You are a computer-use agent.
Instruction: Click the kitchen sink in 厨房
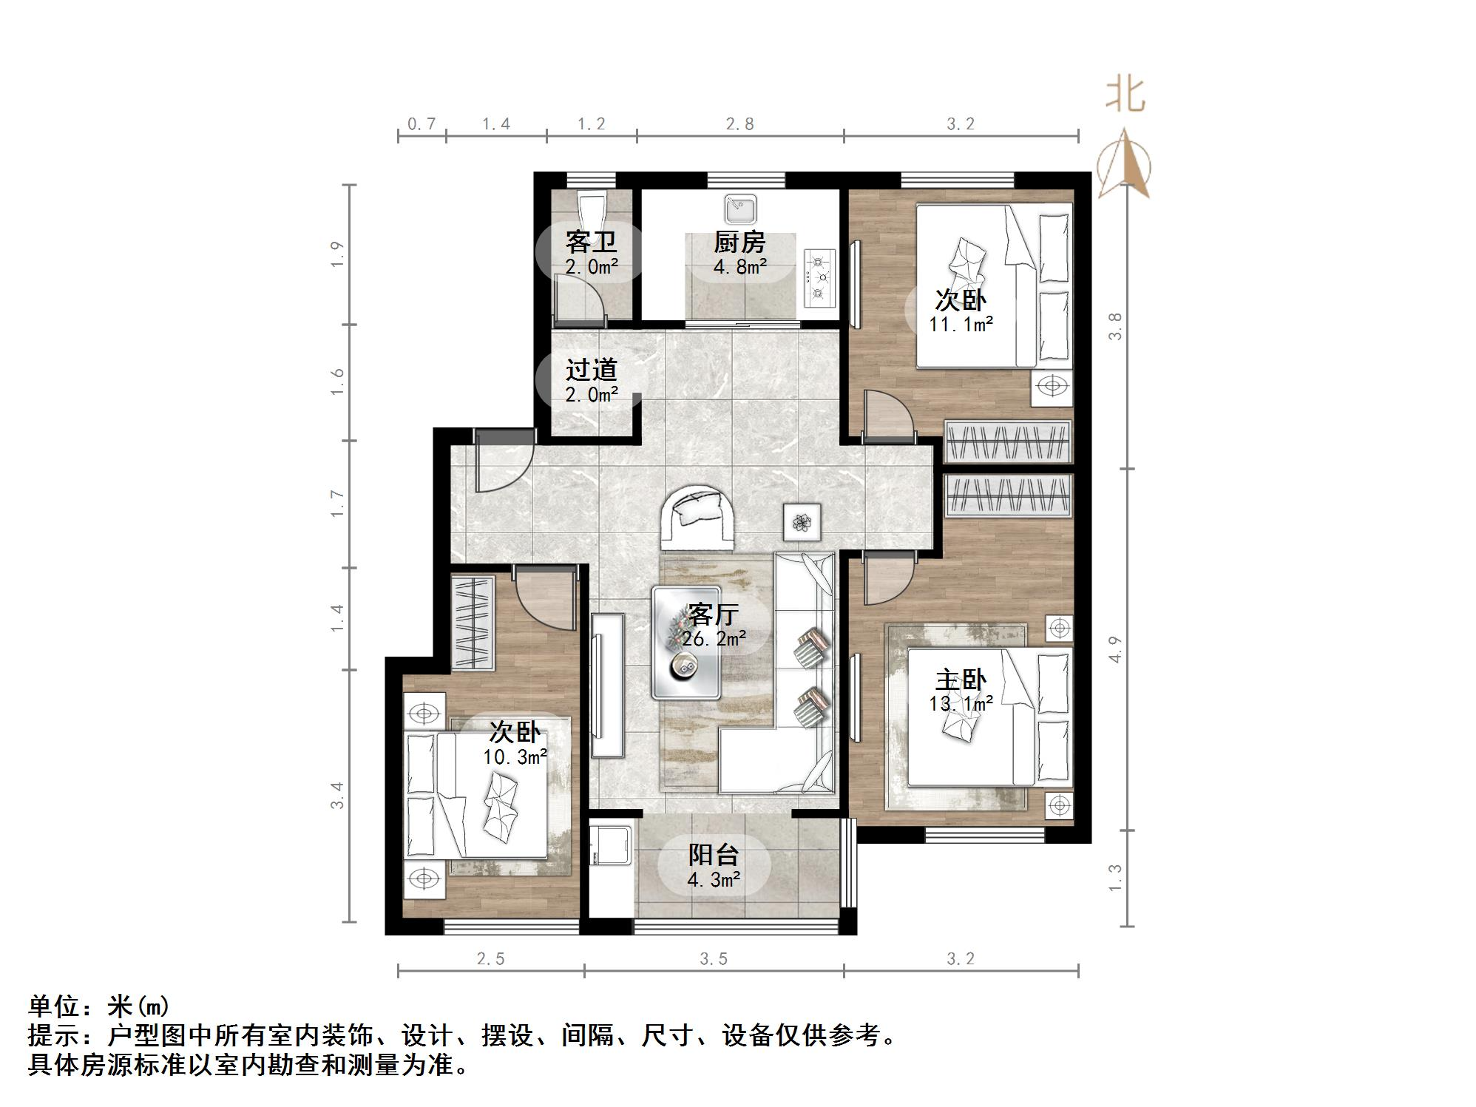[x=739, y=209]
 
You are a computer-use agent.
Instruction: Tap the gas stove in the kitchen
[x=819, y=279]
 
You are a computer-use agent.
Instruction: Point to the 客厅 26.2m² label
[x=713, y=626]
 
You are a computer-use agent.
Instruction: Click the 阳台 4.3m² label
[x=714, y=867]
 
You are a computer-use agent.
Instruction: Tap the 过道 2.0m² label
[x=592, y=382]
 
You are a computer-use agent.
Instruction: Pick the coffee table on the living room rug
[x=685, y=643]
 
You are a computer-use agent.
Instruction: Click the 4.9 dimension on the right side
[x=1115, y=649]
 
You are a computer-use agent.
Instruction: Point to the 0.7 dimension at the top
[x=422, y=124]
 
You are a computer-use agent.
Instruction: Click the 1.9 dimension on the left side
[x=337, y=254]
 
